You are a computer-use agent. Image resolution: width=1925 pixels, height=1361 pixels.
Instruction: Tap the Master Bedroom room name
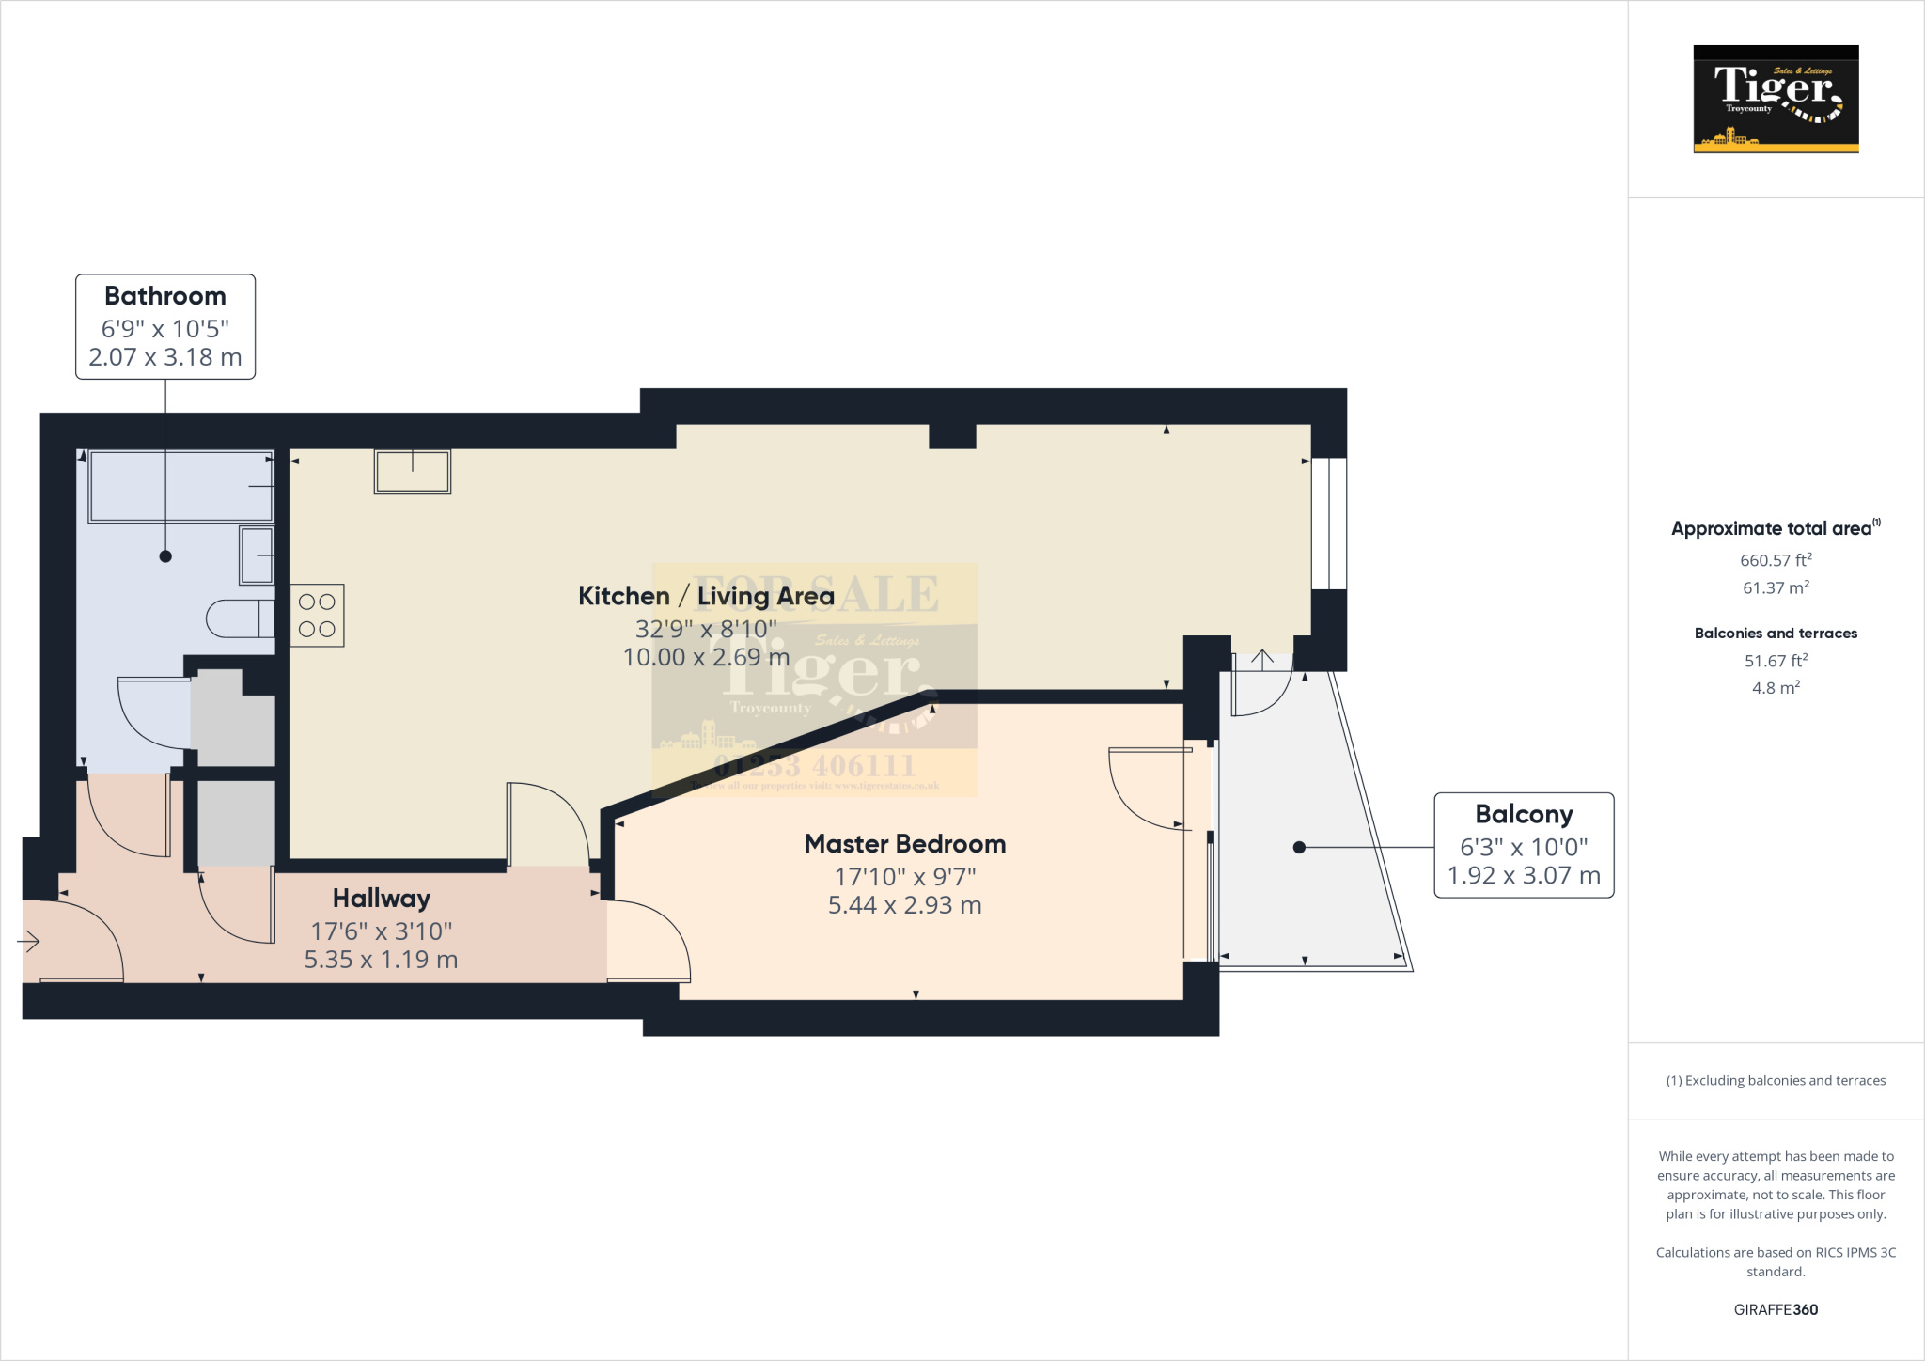(904, 844)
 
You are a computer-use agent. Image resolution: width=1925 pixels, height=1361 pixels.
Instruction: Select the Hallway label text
(381, 899)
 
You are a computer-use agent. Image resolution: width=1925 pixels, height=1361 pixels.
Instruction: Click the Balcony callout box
(1523, 845)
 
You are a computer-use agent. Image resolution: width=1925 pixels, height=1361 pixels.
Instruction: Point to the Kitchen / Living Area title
(706, 596)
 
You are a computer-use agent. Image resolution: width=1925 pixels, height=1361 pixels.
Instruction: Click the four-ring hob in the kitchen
(318, 616)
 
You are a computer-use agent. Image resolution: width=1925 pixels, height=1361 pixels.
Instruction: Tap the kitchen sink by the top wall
(413, 471)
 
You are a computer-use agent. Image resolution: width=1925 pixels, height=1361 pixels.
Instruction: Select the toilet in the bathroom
(241, 618)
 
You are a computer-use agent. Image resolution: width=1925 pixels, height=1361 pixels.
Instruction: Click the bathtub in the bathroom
(180, 486)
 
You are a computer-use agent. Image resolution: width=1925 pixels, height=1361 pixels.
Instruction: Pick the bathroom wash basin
(257, 555)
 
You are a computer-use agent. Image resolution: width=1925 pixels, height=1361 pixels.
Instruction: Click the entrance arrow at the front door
(29, 940)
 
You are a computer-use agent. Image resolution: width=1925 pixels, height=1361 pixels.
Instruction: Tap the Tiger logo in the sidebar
(1776, 99)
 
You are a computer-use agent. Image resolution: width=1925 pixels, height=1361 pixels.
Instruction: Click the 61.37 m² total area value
(1776, 587)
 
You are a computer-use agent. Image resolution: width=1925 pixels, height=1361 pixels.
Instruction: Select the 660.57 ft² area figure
(1776, 560)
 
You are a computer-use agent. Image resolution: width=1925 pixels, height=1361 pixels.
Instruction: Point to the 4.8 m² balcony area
(1776, 688)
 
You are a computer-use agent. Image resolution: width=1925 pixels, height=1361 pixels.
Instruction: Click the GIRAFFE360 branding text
(1776, 1309)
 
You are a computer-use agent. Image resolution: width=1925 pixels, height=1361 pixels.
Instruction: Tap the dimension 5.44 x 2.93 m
(904, 905)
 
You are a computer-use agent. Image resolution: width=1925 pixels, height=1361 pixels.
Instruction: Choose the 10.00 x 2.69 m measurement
(706, 657)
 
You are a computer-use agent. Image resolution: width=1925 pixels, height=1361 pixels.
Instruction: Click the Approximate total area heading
(1773, 528)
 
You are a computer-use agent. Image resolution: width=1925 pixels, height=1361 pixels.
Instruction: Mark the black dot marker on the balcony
(1299, 847)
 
